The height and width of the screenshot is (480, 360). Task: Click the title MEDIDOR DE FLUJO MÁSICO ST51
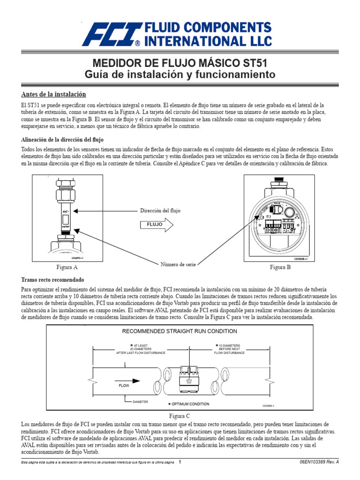click(x=180, y=63)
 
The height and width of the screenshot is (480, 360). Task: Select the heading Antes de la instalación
click(x=53, y=94)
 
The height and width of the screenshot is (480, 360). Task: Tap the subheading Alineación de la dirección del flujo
click(x=62, y=140)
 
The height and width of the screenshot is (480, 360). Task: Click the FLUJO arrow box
click(x=156, y=225)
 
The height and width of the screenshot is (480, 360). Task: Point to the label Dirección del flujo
click(x=160, y=211)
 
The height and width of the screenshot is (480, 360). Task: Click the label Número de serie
click(x=178, y=265)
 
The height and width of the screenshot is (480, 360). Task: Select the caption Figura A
click(x=67, y=267)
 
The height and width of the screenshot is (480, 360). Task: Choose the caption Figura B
click(x=280, y=267)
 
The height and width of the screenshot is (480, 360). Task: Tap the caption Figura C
click(x=180, y=415)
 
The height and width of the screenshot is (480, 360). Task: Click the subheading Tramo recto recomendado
click(x=49, y=279)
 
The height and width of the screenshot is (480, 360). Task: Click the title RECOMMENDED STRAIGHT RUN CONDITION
click(x=180, y=331)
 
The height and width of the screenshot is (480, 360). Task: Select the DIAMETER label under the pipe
click(x=140, y=402)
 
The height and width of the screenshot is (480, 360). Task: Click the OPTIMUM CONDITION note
click(x=189, y=404)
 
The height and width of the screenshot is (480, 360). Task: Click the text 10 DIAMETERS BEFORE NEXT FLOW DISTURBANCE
click(x=229, y=349)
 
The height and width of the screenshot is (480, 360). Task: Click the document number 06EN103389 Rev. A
click(x=319, y=462)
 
